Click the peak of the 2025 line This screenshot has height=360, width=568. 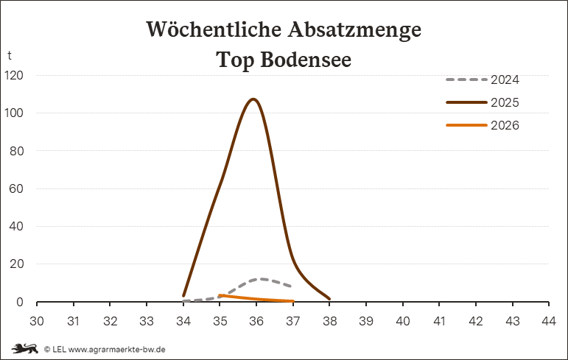click(253, 99)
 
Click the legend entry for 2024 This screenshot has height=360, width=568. click(483, 80)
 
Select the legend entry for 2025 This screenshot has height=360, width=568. click(483, 102)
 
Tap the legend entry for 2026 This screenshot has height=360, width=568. click(483, 125)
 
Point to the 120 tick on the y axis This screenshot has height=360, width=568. click(14, 75)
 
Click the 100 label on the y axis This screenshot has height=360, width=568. click(14, 113)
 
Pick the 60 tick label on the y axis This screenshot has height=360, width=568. click(16, 188)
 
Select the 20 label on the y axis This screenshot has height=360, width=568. click(16, 264)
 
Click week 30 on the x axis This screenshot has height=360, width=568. click(37, 321)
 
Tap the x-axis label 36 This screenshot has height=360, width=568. click(256, 321)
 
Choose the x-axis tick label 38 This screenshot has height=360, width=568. click(329, 321)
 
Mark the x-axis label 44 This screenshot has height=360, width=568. click(549, 321)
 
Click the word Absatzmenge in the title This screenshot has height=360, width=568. click(355, 29)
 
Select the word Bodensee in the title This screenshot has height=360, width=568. click(306, 60)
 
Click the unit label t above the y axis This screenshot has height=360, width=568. click(10, 55)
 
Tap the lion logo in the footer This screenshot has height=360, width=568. click(24, 349)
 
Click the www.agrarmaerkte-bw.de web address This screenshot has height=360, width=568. click(117, 350)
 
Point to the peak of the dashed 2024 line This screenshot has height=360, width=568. click(262, 279)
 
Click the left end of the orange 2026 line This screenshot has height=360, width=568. click(220, 295)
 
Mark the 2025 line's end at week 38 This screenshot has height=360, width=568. click(329, 299)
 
